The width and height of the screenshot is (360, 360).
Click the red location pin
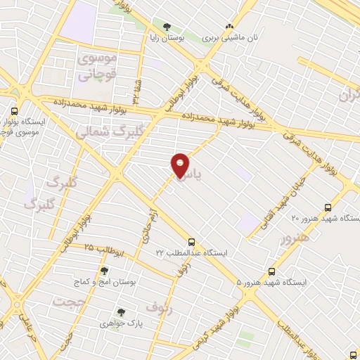(x=181, y=166)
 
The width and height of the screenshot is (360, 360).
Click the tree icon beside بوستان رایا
(x=166, y=28)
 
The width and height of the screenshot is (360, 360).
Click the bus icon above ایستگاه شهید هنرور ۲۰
(x=328, y=207)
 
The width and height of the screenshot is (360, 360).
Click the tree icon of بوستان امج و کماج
(x=104, y=271)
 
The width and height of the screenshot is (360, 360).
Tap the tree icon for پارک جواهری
(x=121, y=312)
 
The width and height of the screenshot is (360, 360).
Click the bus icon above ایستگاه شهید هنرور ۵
(x=271, y=271)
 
